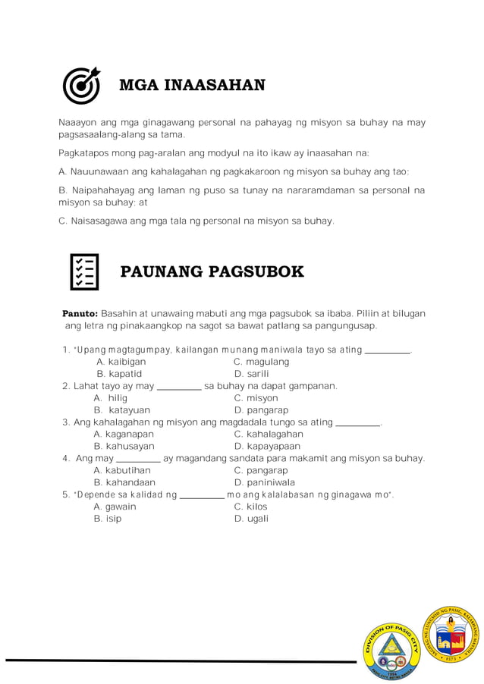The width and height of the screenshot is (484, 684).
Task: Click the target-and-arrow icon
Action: pyautogui.click(x=81, y=86)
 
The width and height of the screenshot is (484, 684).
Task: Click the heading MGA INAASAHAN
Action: pyautogui.click(x=192, y=85)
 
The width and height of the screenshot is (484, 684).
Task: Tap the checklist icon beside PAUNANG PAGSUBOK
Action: pyautogui.click(x=84, y=272)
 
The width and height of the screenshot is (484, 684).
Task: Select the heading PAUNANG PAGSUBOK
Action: pyautogui.click(x=212, y=272)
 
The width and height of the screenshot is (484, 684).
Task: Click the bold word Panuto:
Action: pyautogui.click(x=80, y=313)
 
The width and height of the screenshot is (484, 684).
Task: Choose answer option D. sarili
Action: pyautogui.click(x=251, y=374)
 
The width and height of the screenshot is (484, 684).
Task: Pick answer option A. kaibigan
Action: pyautogui.click(x=121, y=362)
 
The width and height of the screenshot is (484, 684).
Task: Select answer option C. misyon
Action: pyautogui.click(x=256, y=398)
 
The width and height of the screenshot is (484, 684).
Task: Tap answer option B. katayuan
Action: pyautogui.click(x=122, y=410)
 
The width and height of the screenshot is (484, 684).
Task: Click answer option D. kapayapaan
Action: pyautogui.click(x=267, y=447)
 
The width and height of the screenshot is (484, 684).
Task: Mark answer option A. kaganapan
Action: pyautogui.click(x=124, y=435)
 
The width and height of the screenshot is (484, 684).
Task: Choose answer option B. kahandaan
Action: pyautogui.click(x=124, y=482)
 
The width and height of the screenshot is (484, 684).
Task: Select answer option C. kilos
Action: pyautogui.click(x=250, y=507)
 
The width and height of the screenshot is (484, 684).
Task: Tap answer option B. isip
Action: pyautogui.click(x=107, y=519)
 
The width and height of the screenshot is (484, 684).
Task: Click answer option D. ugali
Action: pyautogui.click(x=251, y=519)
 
